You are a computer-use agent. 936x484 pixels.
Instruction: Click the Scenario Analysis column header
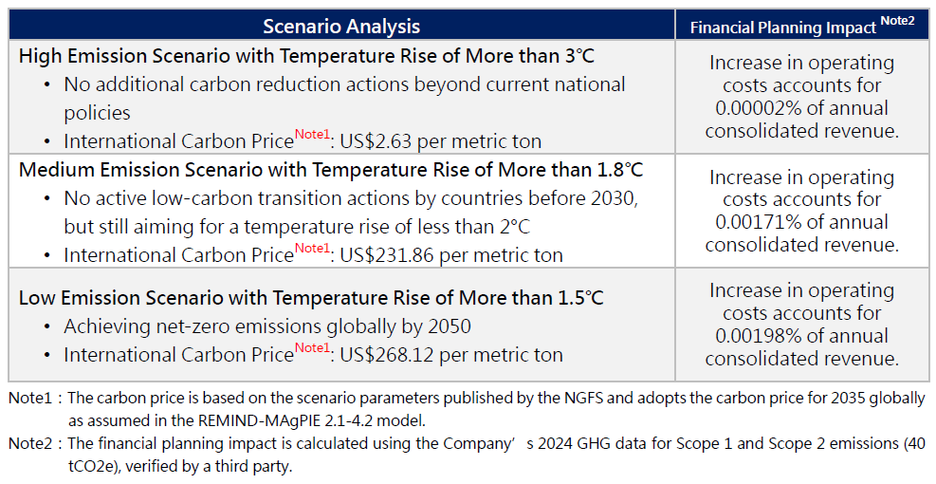tap(341, 26)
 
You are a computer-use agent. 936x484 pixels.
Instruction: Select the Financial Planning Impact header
tap(782, 28)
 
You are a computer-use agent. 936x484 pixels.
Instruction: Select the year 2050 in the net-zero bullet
tap(450, 327)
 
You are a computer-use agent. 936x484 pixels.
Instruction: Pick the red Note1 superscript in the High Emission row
tap(312, 135)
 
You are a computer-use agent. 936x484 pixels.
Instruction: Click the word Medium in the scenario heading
tap(53, 170)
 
